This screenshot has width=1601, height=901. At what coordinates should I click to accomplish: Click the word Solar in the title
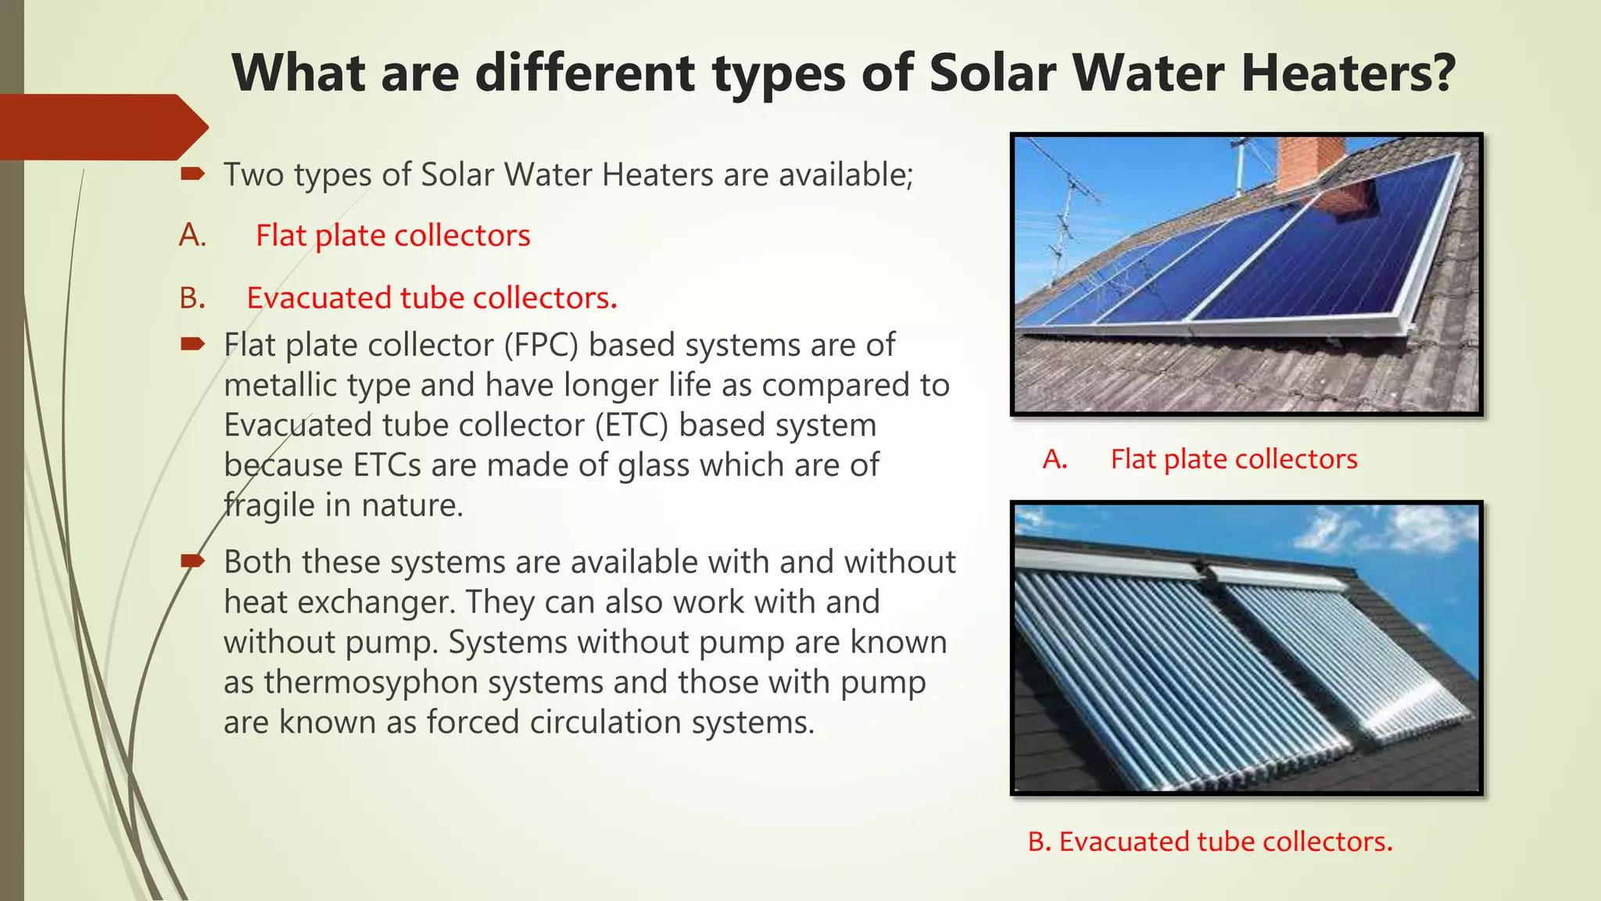pos(993,73)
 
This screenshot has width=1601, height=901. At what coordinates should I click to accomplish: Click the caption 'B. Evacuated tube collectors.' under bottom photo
pos(1210,842)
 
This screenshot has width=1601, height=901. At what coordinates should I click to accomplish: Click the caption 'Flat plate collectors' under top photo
pos(1234,459)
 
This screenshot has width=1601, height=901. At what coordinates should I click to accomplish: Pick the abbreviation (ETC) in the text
pos(631,425)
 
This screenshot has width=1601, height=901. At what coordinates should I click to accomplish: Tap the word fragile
pos(269,505)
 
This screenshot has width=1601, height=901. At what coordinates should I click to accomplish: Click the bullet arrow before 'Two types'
pos(192,173)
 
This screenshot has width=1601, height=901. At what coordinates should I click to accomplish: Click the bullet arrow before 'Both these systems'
pos(192,560)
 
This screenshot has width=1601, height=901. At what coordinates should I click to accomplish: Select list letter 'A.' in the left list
pos(192,235)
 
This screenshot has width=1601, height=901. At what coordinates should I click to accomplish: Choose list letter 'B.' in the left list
pos(192,298)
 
